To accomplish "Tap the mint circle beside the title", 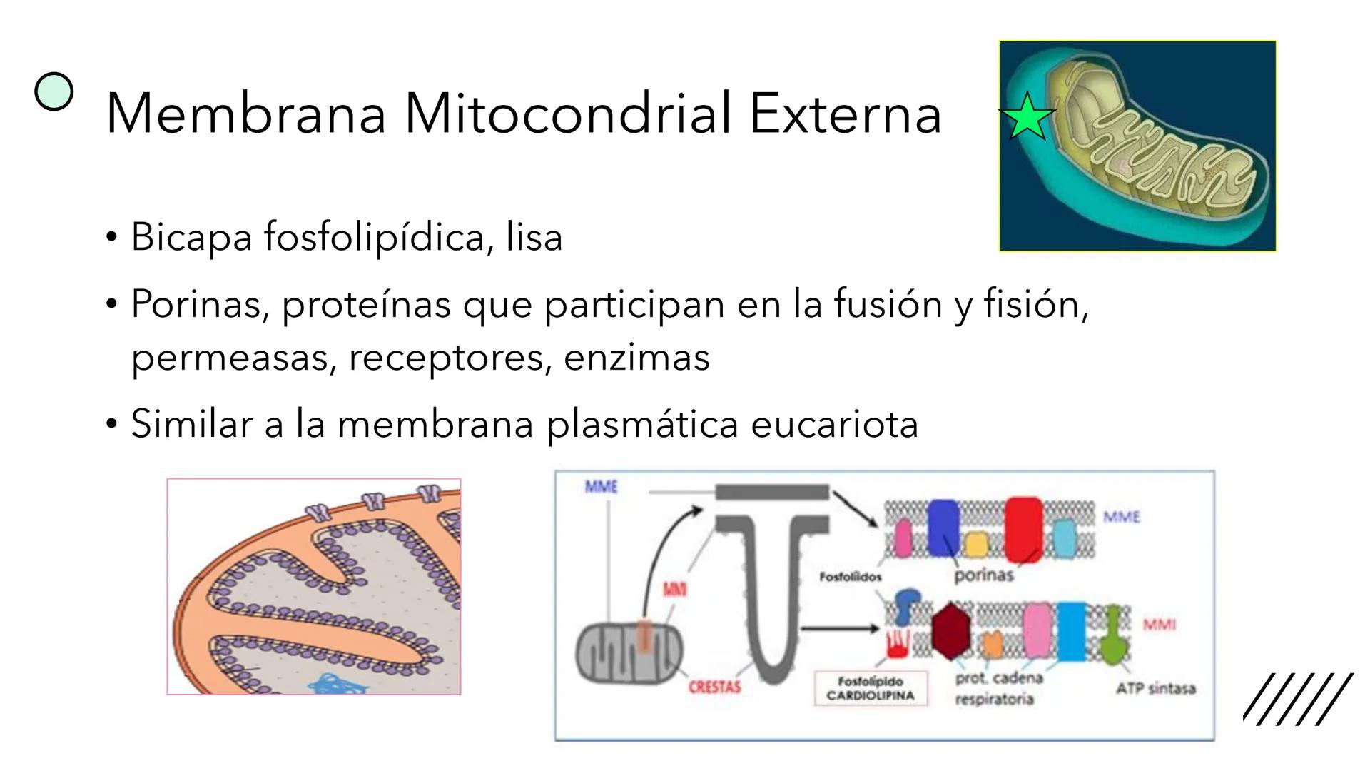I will point(54,92).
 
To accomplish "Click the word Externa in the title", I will point(846,114).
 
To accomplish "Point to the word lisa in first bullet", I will point(534,237).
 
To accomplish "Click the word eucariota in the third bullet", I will point(834,425).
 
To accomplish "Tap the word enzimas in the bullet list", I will point(636,358).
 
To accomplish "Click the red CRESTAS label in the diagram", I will point(714,687).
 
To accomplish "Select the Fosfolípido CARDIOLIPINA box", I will point(870,689).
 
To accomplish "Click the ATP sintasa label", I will point(1155,689).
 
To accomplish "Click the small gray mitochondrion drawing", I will point(629,653).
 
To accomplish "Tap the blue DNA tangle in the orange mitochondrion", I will point(339,684).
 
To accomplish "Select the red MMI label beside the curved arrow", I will point(674,590).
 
